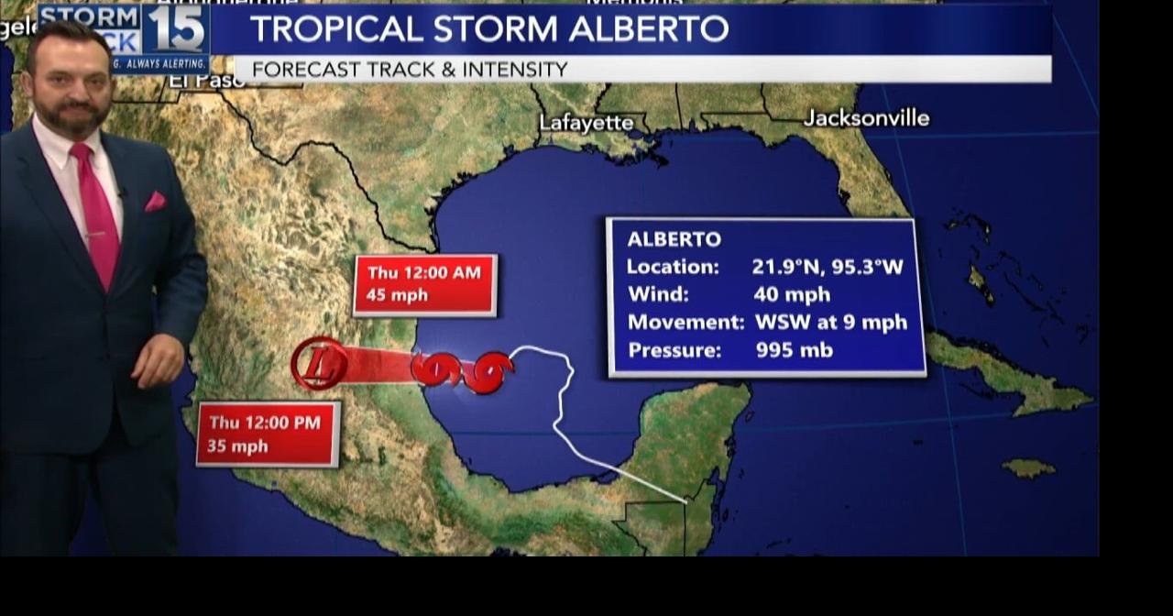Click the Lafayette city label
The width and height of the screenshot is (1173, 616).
[x=586, y=123]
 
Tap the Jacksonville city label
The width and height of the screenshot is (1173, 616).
[x=866, y=118]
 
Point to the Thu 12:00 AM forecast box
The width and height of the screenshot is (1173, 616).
[x=425, y=284]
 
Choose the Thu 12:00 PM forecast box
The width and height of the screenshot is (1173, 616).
[x=268, y=434]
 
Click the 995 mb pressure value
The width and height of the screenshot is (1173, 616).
[x=794, y=349]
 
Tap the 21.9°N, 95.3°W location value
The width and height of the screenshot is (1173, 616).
[x=827, y=267]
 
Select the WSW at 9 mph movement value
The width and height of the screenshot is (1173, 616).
[x=830, y=322]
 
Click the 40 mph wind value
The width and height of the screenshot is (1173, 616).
[x=792, y=294]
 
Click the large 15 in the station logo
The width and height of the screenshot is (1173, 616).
[x=174, y=29]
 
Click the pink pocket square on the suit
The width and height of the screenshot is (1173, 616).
[x=155, y=201]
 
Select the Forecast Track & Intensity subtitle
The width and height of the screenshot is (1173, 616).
[x=410, y=70]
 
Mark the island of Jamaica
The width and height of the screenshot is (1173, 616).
[x=1027, y=468]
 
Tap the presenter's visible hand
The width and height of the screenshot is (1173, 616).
[x=158, y=359]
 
